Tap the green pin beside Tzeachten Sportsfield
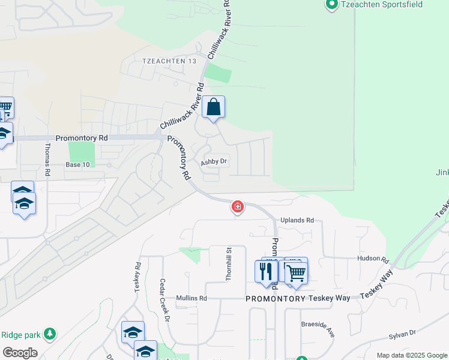pyautogui.click(x=331, y=5)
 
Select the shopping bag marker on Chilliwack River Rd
pyautogui.click(x=213, y=108)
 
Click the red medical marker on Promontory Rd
pyautogui.click(x=238, y=208)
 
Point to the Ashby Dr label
pyautogui.click(x=214, y=161)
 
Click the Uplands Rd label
pyautogui.click(x=297, y=220)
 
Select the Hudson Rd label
pyautogui.click(x=373, y=259)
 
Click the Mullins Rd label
pyautogui.click(x=191, y=298)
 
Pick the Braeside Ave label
pyautogui.click(x=318, y=324)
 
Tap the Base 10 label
pyautogui.click(x=77, y=165)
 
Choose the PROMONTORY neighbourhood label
pyautogui.click(x=276, y=298)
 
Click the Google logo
pyautogui.click(x=20, y=353)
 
